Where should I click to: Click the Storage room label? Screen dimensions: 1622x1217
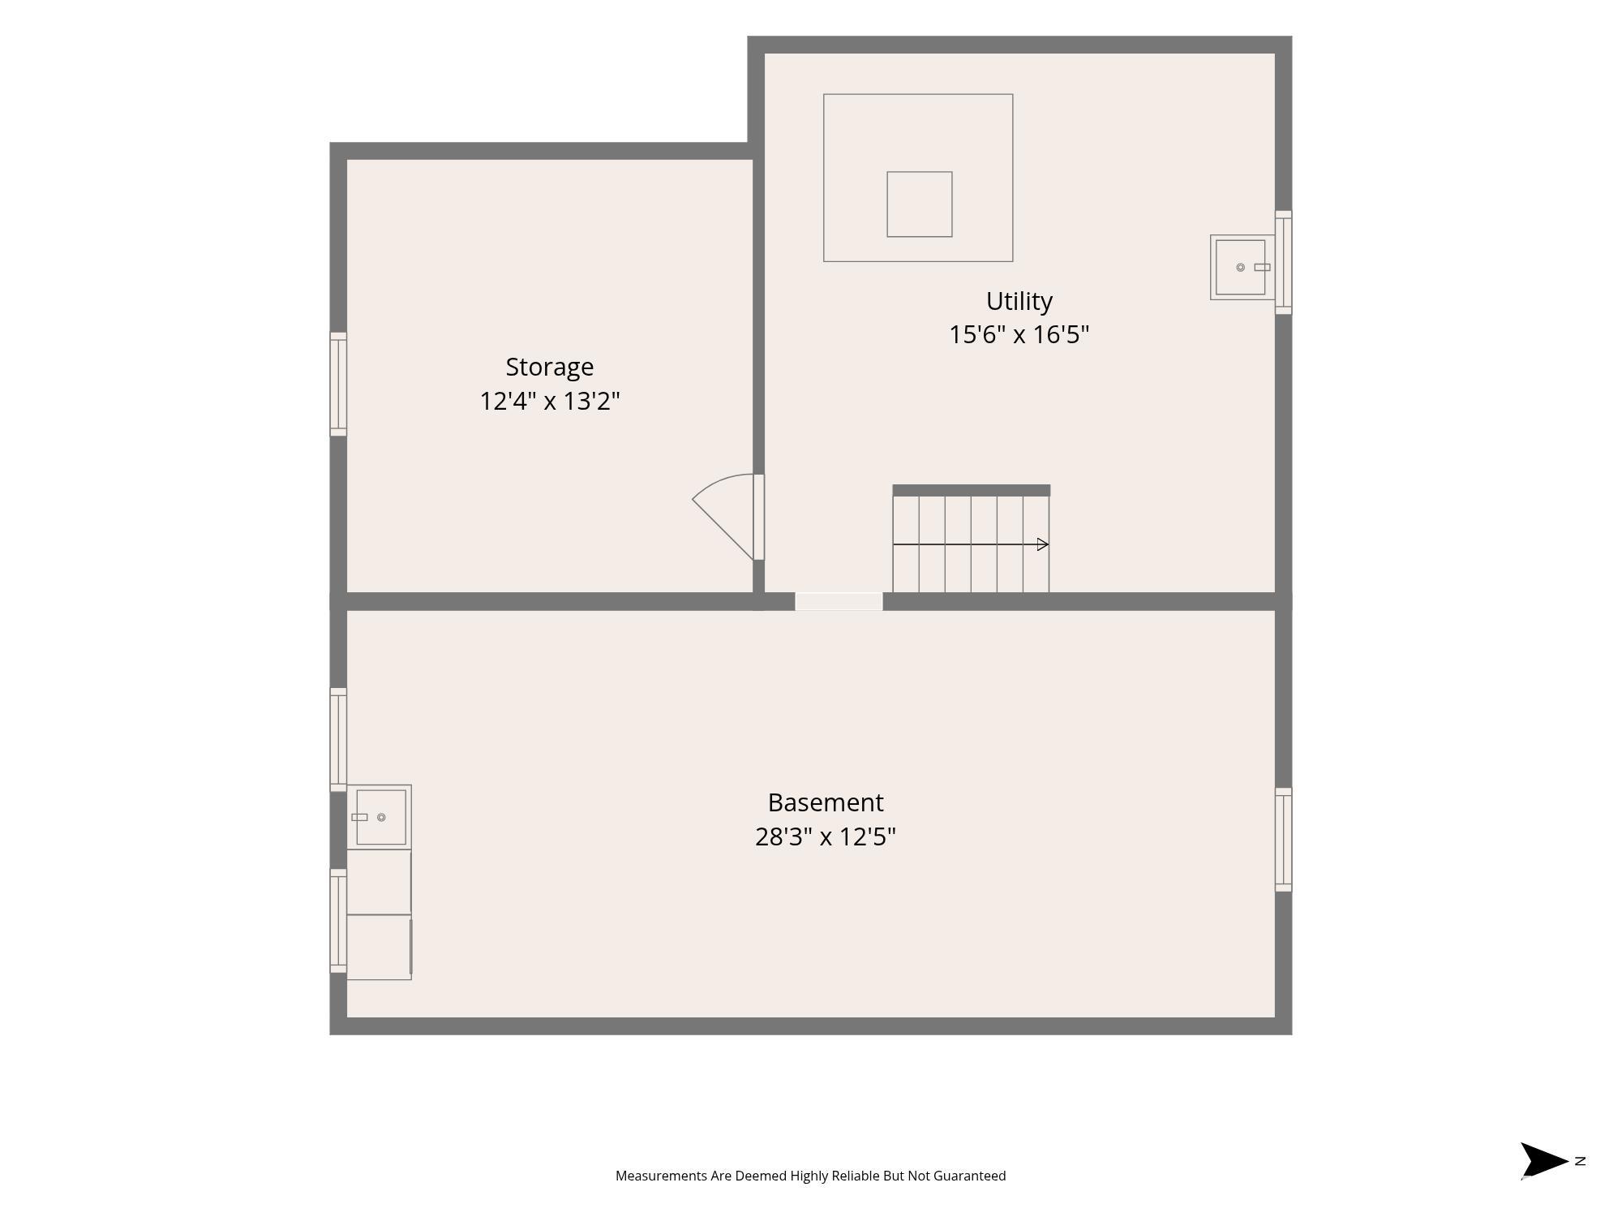click(550, 368)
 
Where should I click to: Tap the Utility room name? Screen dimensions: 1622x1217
click(1019, 302)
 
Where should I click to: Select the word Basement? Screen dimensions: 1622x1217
click(826, 802)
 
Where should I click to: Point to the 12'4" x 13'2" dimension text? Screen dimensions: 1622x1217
click(550, 401)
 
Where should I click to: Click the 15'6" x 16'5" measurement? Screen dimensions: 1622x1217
click(1019, 334)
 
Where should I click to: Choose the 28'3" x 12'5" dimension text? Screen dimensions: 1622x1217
click(826, 836)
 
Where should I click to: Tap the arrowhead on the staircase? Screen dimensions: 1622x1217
click(1043, 544)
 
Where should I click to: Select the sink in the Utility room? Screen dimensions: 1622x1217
click(1242, 267)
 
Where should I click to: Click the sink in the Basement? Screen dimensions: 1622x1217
click(379, 817)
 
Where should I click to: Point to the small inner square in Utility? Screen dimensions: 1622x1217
click(920, 204)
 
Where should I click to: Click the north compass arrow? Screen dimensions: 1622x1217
click(1543, 1160)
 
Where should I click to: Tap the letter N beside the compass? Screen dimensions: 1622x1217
click(1580, 1161)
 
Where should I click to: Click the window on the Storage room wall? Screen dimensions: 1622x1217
click(338, 384)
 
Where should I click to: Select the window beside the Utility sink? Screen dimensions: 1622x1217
click(1283, 262)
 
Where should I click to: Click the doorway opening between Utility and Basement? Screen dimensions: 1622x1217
click(839, 601)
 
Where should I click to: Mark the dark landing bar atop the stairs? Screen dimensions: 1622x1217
click(972, 490)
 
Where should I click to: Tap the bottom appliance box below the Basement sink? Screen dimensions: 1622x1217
click(379, 948)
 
